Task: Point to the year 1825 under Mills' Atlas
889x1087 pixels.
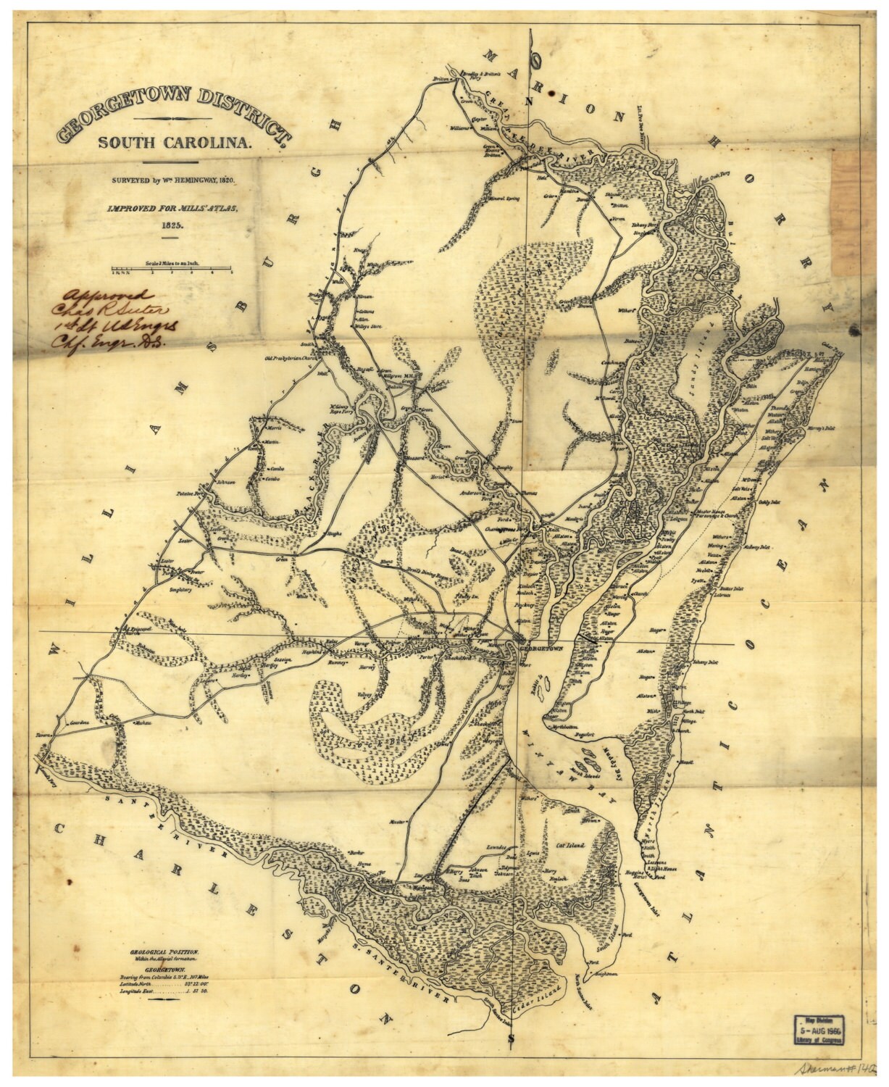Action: [x=170, y=225]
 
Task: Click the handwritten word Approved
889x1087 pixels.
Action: [x=108, y=296]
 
